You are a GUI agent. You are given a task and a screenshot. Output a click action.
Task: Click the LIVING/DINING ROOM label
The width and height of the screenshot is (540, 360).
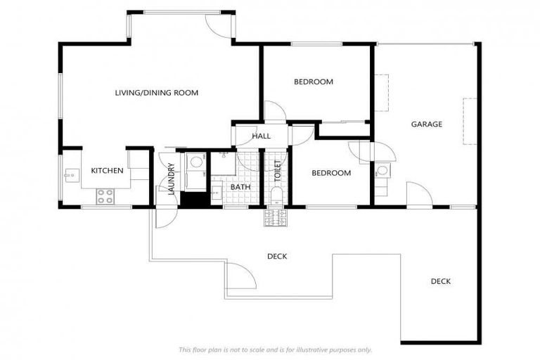(x=157, y=93)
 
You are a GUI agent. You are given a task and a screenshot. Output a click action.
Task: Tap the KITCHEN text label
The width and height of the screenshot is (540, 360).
(x=107, y=171)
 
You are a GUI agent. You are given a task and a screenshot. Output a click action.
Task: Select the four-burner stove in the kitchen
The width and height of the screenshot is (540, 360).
(x=105, y=196)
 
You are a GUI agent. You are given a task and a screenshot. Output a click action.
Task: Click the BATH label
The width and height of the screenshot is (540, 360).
(x=240, y=187)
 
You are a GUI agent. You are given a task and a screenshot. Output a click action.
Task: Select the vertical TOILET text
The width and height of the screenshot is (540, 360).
(x=277, y=171)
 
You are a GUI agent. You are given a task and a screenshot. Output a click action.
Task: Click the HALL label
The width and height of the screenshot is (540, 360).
(x=261, y=136)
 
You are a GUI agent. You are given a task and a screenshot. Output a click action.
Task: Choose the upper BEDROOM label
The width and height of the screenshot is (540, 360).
(x=313, y=82)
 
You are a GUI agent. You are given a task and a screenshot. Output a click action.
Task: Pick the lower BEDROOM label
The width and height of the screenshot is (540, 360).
(x=330, y=173)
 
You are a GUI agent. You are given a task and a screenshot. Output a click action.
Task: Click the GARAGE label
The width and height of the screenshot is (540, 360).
(x=426, y=124)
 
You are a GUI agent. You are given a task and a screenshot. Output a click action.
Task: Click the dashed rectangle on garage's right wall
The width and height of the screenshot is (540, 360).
(x=469, y=121)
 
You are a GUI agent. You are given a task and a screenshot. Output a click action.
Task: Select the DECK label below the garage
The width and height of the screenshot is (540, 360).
(x=440, y=281)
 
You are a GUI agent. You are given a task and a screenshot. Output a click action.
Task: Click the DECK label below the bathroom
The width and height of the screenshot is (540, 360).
(x=276, y=256)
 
